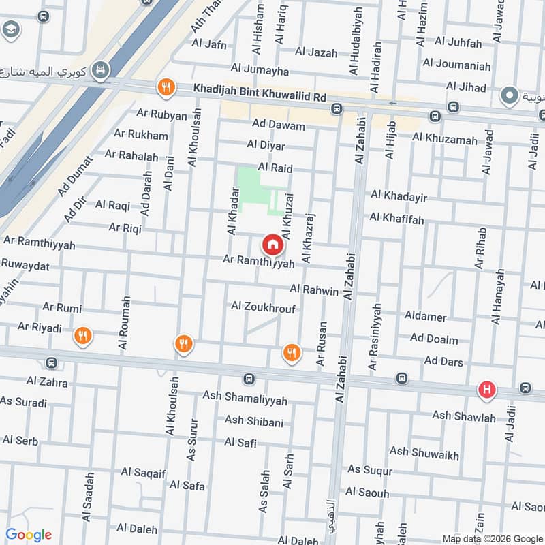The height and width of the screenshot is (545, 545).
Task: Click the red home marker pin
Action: (272, 243)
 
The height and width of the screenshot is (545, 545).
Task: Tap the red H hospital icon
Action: (486, 390)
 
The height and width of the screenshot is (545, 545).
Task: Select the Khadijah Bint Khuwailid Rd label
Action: (260, 89)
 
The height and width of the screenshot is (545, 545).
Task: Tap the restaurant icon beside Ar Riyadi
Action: (83, 335)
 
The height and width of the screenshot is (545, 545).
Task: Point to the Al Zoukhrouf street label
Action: (263, 307)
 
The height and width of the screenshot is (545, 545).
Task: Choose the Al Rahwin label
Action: (313, 291)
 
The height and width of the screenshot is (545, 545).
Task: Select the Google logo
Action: (29, 534)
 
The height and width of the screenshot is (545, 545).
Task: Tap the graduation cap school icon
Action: (11, 29)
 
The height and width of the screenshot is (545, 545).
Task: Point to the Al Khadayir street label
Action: (399, 197)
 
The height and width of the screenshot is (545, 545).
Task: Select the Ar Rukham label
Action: (141, 135)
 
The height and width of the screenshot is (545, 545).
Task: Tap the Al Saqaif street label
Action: (145, 471)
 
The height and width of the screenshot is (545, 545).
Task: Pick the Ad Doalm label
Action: (434, 339)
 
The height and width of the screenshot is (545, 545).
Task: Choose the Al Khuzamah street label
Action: (444, 139)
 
